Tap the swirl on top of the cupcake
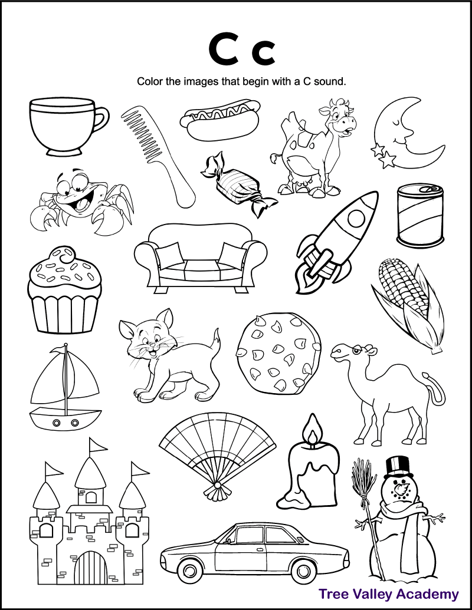tap(64, 259)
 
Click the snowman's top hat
tap(399, 466)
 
